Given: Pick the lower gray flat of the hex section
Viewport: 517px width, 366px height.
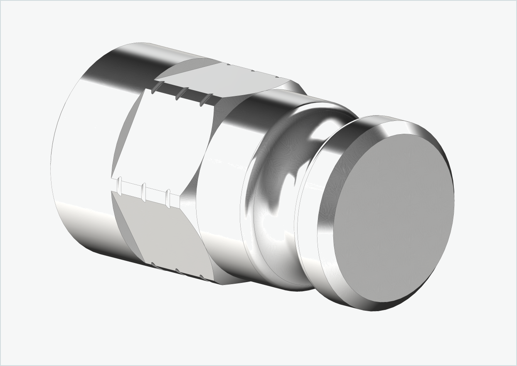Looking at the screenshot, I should (x=166, y=233).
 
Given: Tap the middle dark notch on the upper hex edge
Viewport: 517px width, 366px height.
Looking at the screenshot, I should (x=180, y=94).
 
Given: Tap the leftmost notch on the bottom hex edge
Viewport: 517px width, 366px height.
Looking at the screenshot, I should (x=153, y=264).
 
